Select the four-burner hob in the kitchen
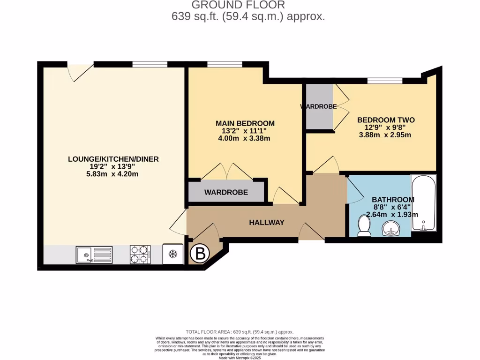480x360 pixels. (x=140, y=255)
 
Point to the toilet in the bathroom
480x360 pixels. (x=364, y=226)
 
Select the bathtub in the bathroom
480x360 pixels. (x=423, y=202)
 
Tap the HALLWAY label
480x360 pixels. (x=266, y=222)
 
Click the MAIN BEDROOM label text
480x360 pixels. (x=245, y=123)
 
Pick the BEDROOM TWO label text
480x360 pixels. (x=386, y=120)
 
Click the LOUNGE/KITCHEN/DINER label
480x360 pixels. (x=113, y=159)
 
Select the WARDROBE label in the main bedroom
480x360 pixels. (x=226, y=192)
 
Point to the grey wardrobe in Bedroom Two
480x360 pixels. (x=319, y=106)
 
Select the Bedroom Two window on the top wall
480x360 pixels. (x=384, y=81)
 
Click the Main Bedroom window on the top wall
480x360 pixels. (x=225, y=65)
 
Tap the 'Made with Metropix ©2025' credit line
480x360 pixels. (x=240, y=358)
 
